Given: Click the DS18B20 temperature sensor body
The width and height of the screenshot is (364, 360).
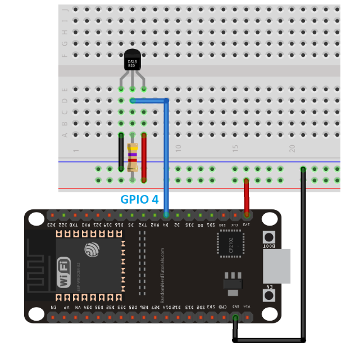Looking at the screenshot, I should point(132,61).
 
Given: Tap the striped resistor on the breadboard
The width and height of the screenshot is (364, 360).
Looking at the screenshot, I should point(133,158).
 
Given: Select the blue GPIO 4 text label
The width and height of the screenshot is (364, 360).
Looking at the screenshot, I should point(139,199).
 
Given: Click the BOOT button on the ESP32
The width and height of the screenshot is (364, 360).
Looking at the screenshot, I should point(270,238).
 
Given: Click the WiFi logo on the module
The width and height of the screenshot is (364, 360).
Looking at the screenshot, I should point(65,271).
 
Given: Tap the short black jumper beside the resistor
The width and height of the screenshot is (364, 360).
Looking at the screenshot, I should point(121,151).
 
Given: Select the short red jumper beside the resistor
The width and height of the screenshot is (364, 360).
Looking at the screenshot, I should point(144,157).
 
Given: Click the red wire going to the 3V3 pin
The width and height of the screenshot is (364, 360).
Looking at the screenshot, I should point(246,197).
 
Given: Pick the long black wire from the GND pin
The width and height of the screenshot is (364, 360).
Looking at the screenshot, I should point(303,253).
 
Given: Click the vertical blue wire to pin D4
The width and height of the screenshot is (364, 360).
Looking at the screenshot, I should point(166,157).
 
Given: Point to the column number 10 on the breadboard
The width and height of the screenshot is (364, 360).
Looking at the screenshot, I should point(178,148).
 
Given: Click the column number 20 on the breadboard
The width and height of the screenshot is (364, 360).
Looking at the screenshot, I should point(292,148).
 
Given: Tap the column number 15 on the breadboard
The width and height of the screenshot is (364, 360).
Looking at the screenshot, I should point(235,148).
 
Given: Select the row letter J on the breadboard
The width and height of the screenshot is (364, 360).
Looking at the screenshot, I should point(65,10).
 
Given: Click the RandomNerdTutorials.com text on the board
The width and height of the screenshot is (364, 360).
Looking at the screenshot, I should point(163,276).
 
